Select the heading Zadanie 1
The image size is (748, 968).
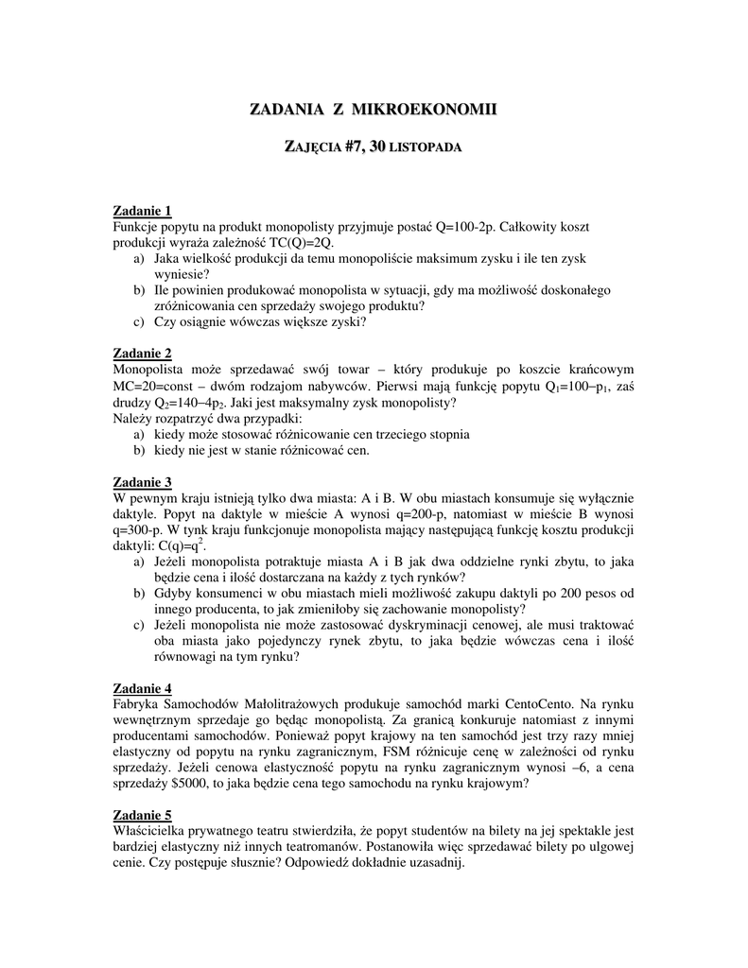click(142, 210)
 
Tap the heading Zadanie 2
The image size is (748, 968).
click(142, 353)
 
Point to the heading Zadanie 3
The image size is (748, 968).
click(142, 481)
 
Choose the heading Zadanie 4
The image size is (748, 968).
click(142, 687)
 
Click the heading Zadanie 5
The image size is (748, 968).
click(142, 815)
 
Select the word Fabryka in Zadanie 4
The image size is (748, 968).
click(137, 704)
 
